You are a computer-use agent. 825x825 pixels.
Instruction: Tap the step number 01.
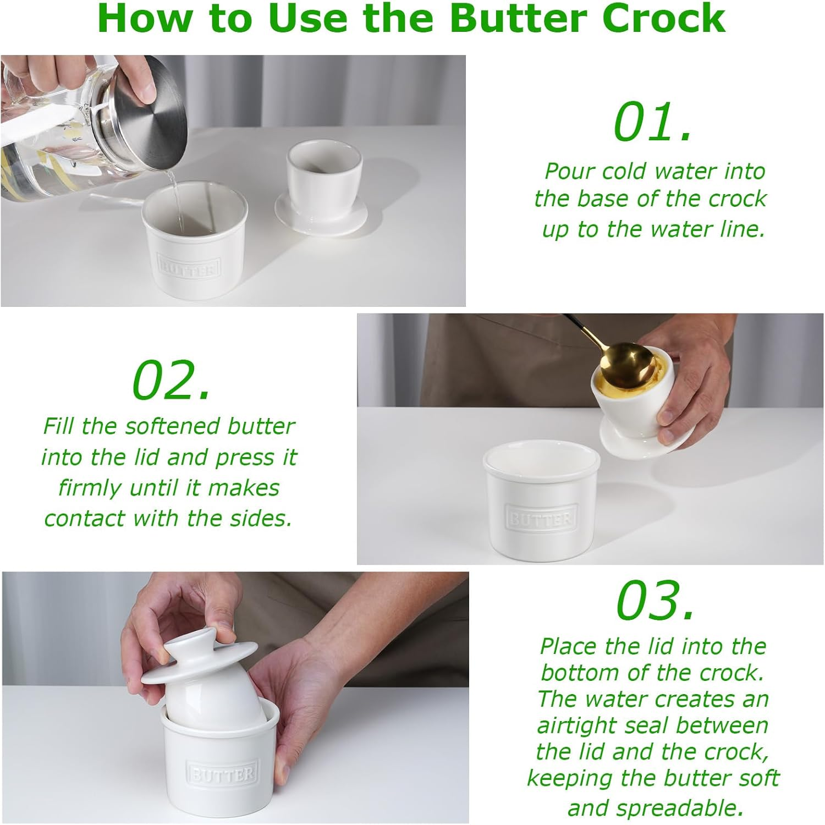pyautogui.click(x=652, y=122)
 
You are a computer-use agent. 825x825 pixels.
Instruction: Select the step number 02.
pyautogui.click(x=172, y=381)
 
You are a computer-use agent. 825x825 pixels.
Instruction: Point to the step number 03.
pyautogui.click(x=654, y=601)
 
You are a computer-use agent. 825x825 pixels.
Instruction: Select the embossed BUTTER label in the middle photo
pyautogui.click(x=540, y=519)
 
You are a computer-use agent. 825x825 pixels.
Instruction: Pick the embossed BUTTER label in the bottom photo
pyautogui.click(x=222, y=774)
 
